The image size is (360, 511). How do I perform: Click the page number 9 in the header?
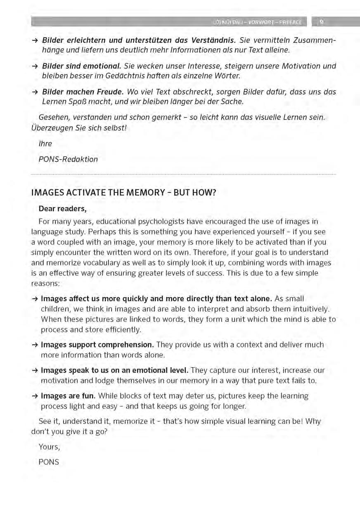pyautogui.click(x=321, y=22)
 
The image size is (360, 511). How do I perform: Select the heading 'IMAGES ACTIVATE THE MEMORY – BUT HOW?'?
pyautogui.click(x=124, y=192)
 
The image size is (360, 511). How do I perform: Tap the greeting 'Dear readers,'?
pyautogui.click(x=62, y=208)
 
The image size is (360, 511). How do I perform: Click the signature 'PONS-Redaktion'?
pyautogui.click(x=68, y=159)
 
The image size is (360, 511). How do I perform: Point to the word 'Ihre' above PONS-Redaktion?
pyautogui.click(x=45, y=144)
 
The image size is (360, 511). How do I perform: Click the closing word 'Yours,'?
pyautogui.click(x=50, y=447)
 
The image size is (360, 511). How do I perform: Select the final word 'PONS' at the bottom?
pyautogui.click(x=49, y=462)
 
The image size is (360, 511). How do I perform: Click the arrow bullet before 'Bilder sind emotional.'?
pyautogui.click(x=36, y=66)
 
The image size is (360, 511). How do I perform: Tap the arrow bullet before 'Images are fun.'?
pyautogui.click(x=36, y=396)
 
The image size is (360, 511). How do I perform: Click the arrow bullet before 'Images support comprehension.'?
pyautogui.click(x=36, y=345)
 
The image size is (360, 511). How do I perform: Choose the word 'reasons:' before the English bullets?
pyautogui.click(x=45, y=283)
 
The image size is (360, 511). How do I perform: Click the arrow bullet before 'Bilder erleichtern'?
pyautogui.click(x=36, y=40)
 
